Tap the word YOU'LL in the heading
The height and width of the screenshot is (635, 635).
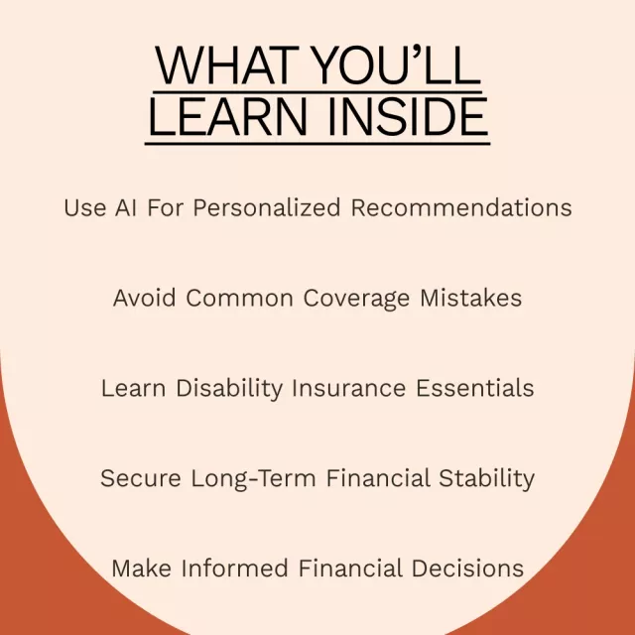(x=397, y=65)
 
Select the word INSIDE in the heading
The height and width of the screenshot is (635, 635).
(x=408, y=117)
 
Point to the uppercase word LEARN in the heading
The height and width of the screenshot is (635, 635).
(x=228, y=117)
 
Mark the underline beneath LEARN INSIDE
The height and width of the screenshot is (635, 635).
(x=317, y=143)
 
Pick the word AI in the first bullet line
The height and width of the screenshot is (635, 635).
(x=126, y=207)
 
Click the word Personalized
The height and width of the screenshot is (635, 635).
(x=267, y=207)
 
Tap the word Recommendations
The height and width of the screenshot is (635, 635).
(x=461, y=207)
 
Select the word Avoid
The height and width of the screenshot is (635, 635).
(x=145, y=298)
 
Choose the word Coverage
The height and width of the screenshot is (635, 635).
(x=356, y=299)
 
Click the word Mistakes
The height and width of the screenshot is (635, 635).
(x=471, y=298)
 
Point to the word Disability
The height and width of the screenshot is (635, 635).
(x=229, y=389)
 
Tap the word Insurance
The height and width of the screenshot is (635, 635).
(x=348, y=388)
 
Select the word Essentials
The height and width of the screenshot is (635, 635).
(x=475, y=388)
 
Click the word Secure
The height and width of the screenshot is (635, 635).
(x=141, y=478)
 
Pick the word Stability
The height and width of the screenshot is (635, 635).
(x=487, y=479)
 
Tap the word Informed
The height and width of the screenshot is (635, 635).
(x=234, y=569)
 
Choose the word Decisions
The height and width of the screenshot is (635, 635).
(x=467, y=569)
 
